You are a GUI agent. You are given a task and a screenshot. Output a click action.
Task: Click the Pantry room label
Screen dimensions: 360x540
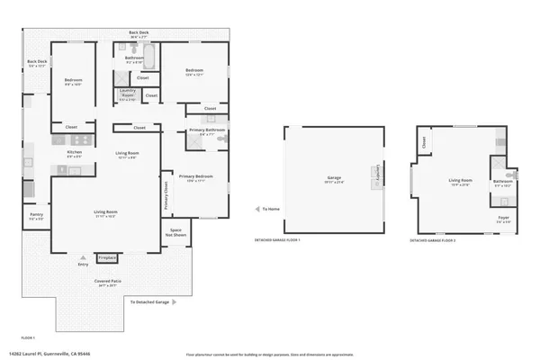pos(36,217)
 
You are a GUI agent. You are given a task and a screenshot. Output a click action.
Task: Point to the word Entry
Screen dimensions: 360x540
pos(84,264)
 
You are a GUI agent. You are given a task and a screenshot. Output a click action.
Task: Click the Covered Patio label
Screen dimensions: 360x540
pos(108,283)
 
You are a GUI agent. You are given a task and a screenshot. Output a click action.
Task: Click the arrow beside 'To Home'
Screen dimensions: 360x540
pos(256,209)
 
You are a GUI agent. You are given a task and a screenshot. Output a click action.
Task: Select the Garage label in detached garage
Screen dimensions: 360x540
pos(332,180)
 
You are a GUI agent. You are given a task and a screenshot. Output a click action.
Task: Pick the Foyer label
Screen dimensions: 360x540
pos(504,219)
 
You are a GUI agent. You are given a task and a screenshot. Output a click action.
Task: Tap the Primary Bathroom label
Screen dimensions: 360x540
pos(206,131)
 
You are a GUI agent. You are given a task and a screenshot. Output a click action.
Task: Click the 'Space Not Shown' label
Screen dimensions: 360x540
pos(175,231)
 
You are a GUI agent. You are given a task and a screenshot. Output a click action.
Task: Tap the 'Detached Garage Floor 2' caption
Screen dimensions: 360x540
pos(432,241)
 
